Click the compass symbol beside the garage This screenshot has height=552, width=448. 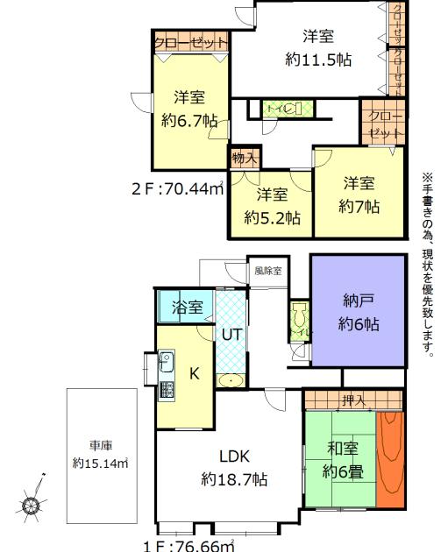pyautogui.click(x=32, y=505)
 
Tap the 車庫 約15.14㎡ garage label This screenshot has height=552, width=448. pyautogui.click(x=100, y=454)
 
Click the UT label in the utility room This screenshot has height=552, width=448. pyautogui.click(x=231, y=334)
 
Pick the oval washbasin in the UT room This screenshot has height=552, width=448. pyautogui.click(x=231, y=381)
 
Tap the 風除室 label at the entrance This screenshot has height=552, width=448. pyautogui.click(x=267, y=271)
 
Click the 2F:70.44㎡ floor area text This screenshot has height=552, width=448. pyautogui.click(x=177, y=187)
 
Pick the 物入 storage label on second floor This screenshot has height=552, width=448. pyautogui.click(x=245, y=159)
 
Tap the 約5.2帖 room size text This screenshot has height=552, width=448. pyautogui.click(x=272, y=218)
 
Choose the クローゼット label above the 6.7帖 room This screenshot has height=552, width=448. pyautogui.click(x=190, y=42)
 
